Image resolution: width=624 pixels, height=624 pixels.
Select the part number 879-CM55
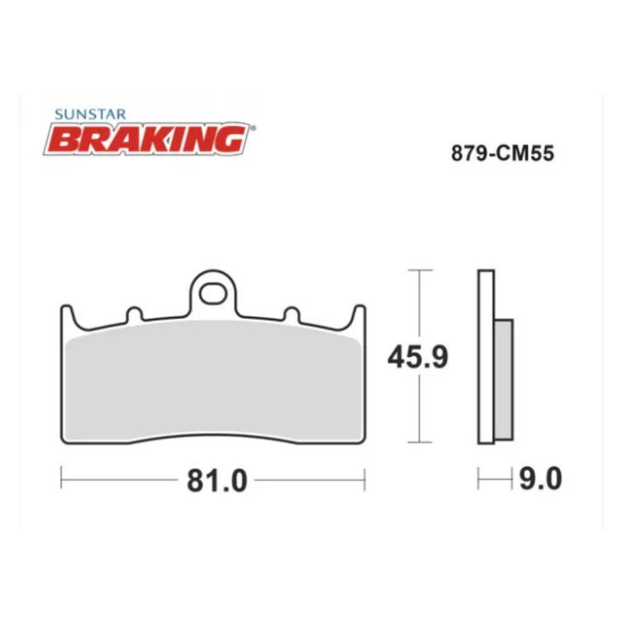pyautogui.click(x=502, y=154)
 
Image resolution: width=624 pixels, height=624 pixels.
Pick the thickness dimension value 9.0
pyautogui.click(x=540, y=479)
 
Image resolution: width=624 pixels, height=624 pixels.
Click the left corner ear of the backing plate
pyautogui.click(x=66, y=316)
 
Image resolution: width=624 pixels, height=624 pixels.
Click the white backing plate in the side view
pyautogui.click(x=486, y=356)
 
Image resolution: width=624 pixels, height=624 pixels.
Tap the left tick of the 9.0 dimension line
pyautogui.click(x=479, y=479)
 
